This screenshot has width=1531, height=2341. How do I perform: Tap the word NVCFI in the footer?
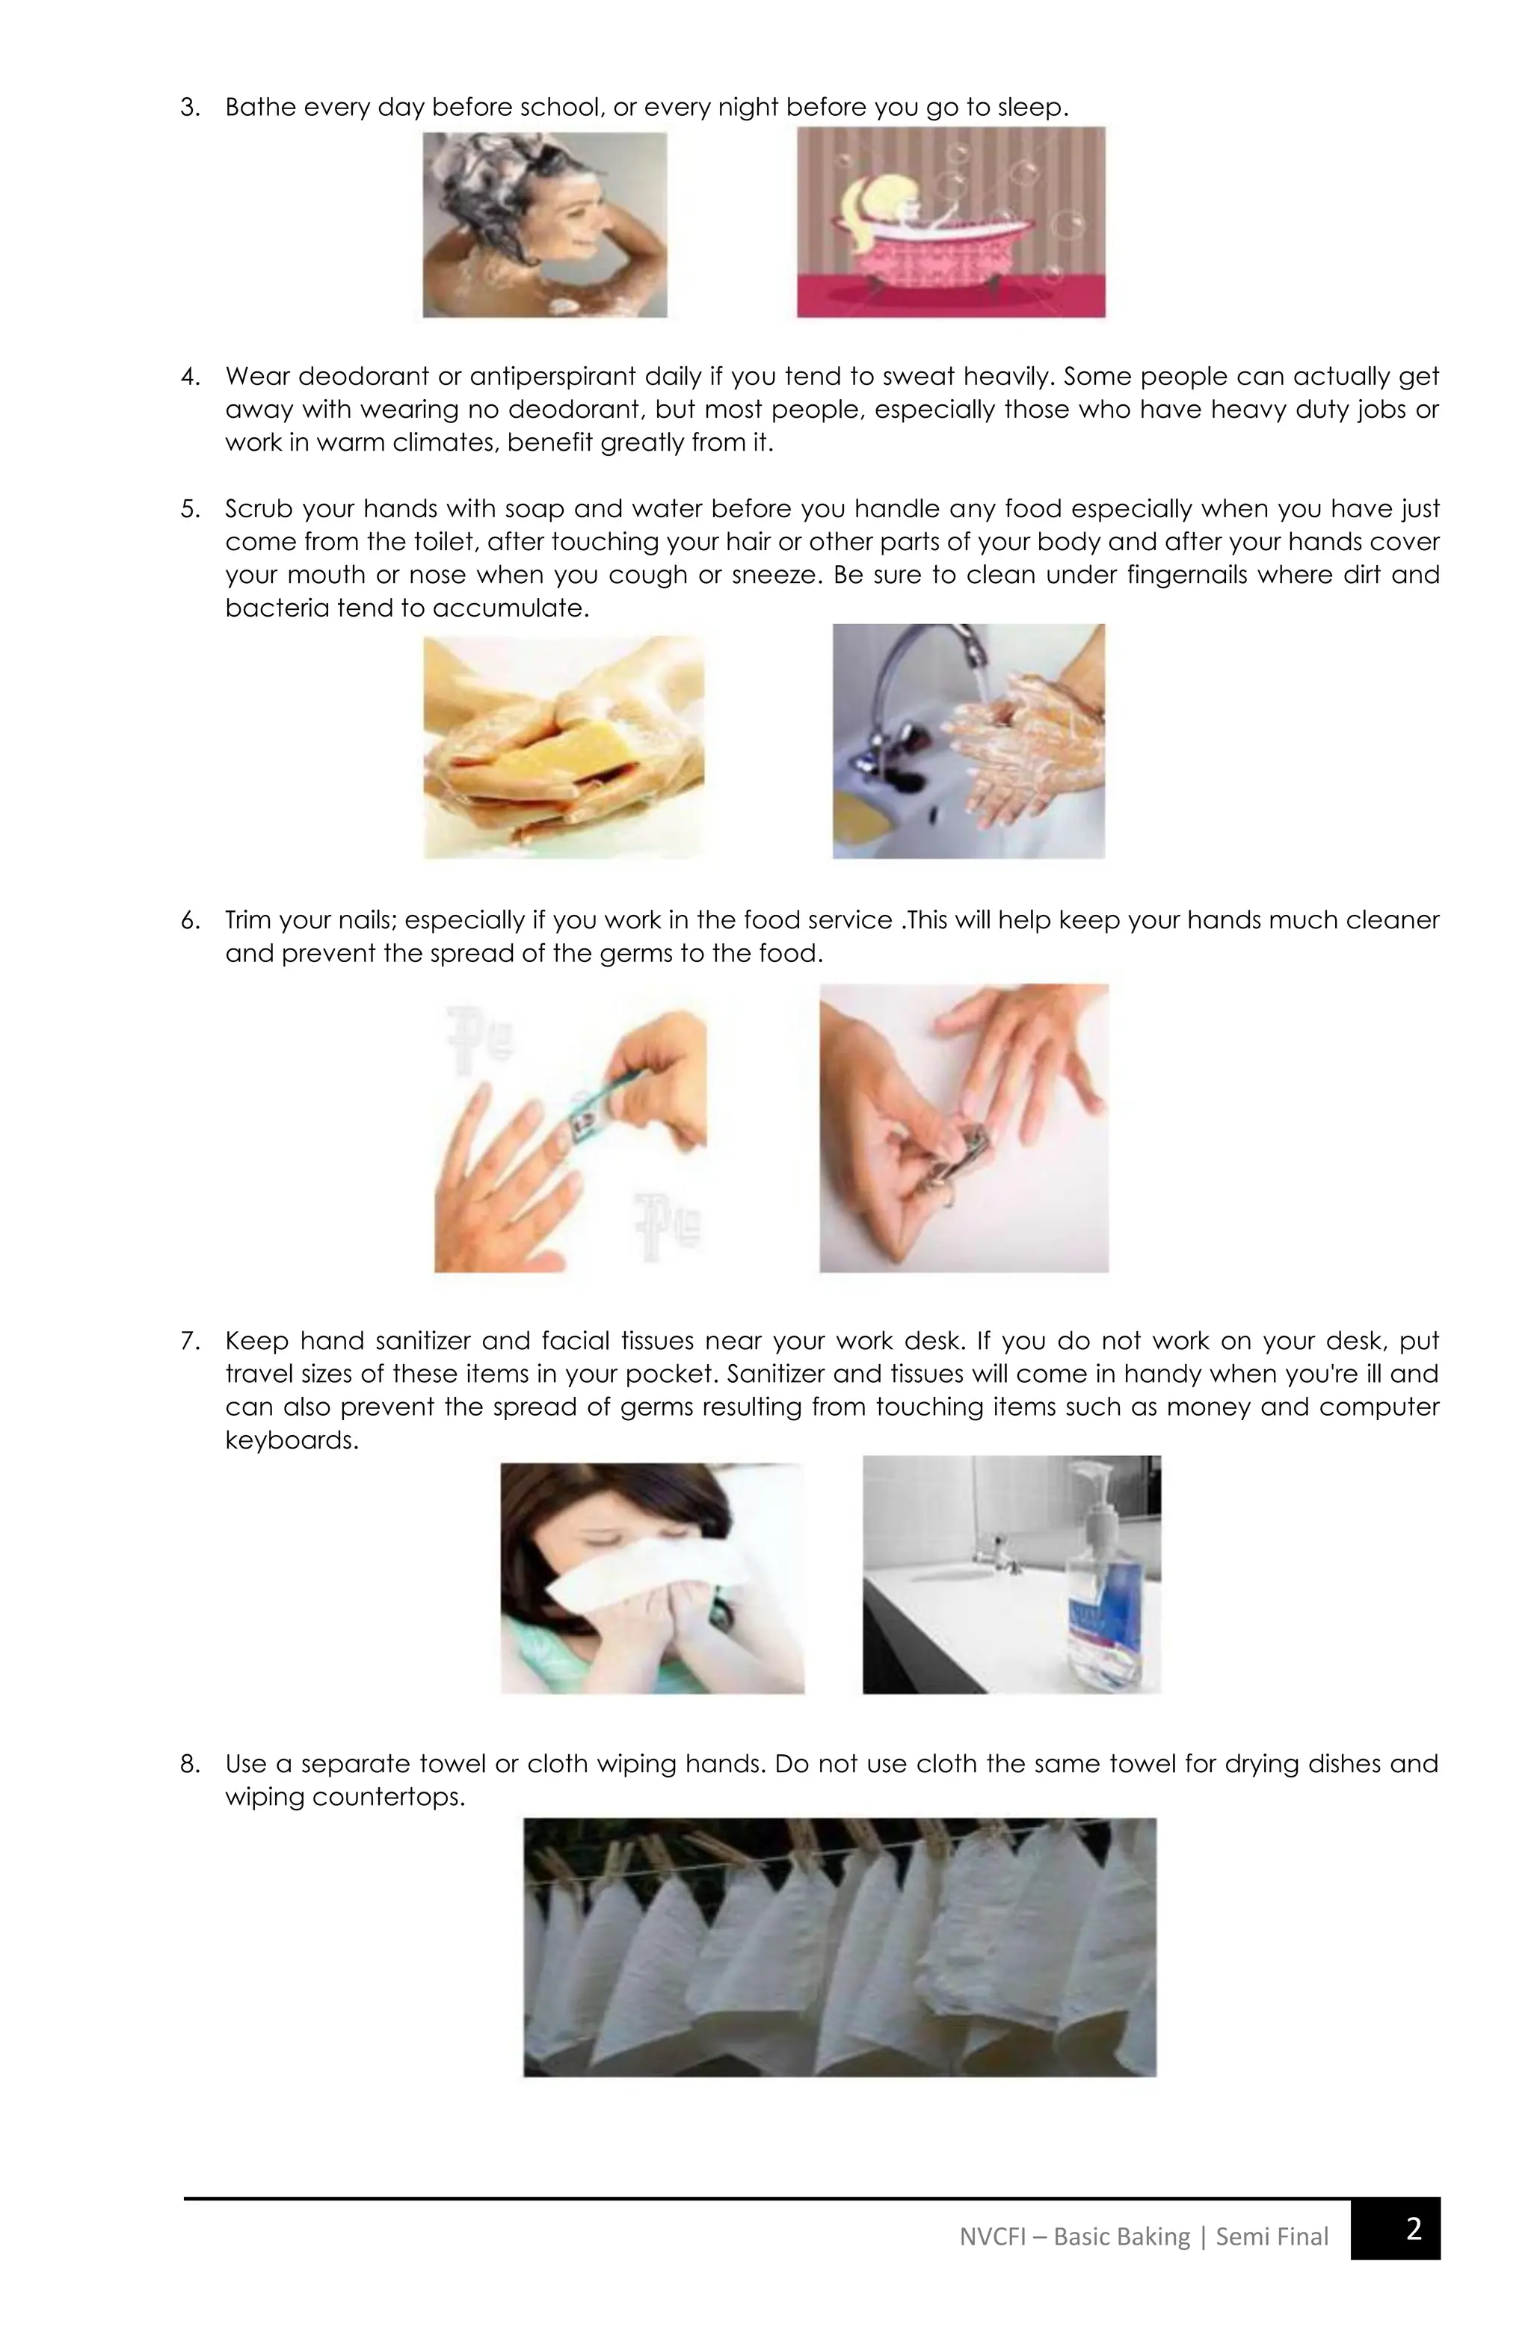(991, 2236)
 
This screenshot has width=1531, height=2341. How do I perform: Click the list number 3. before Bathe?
(190, 107)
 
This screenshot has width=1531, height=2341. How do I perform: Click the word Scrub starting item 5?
(258, 508)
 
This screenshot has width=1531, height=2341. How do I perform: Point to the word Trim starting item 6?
(247, 919)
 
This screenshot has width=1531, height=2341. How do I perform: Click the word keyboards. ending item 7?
(292, 1440)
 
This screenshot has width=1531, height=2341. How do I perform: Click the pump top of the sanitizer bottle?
(1094, 1481)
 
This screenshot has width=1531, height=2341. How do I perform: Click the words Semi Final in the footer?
(1272, 2236)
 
